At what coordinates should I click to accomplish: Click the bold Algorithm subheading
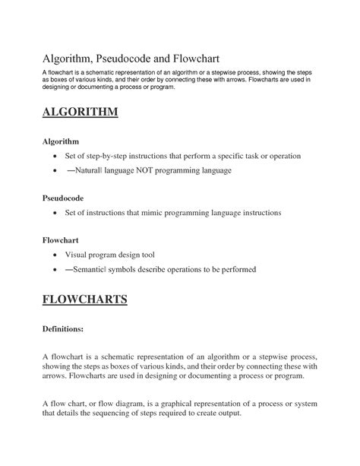(62, 141)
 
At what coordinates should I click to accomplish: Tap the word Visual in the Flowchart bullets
(77, 255)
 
